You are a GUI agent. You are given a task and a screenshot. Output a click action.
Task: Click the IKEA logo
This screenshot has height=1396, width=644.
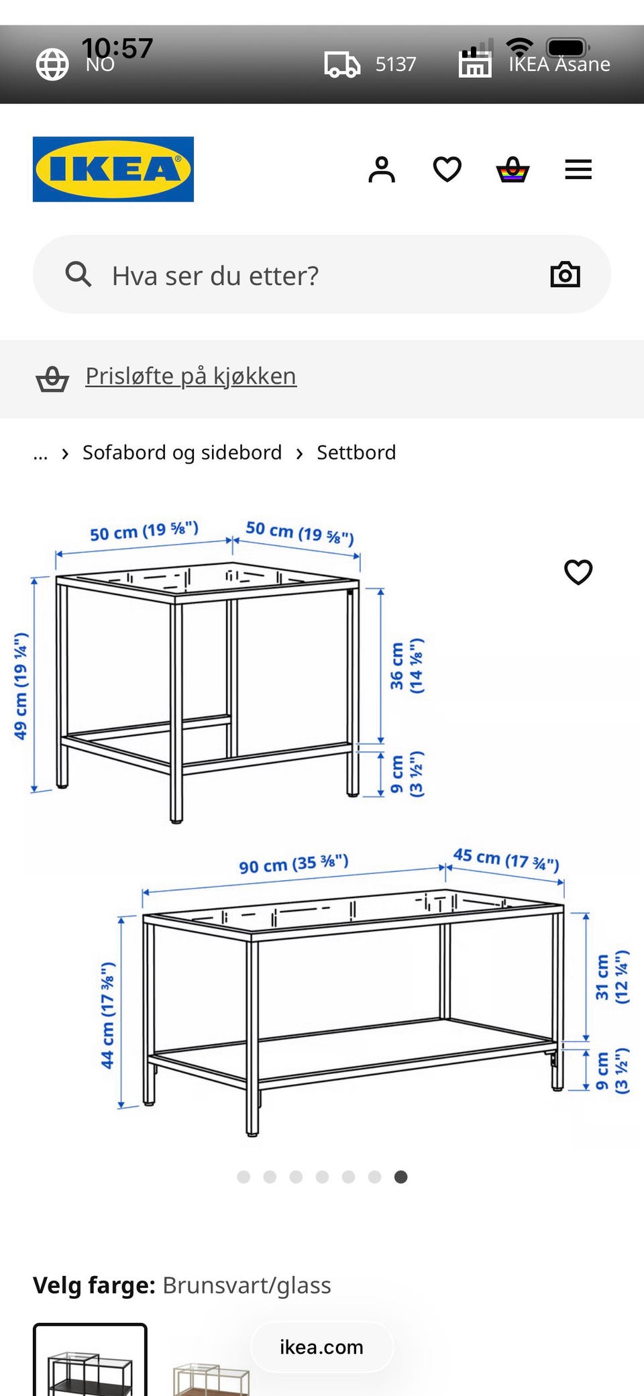click(x=113, y=169)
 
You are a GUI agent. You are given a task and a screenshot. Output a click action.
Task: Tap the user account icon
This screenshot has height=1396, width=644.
click(x=382, y=170)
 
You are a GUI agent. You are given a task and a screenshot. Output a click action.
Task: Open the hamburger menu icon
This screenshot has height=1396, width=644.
click(x=578, y=170)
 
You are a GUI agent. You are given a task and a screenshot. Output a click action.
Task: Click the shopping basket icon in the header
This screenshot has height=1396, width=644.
click(x=513, y=170)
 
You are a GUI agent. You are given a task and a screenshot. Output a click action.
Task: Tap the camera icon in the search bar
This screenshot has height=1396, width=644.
click(x=565, y=274)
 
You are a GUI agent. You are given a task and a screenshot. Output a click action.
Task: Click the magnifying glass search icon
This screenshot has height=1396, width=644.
click(x=78, y=274)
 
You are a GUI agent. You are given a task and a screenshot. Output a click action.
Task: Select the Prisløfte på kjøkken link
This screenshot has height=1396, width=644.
click(x=191, y=376)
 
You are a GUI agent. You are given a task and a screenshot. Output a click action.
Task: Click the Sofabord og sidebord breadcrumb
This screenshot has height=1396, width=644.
click(x=182, y=453)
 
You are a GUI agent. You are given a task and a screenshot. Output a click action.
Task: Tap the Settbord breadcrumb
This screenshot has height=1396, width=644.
click(x=356, y=453)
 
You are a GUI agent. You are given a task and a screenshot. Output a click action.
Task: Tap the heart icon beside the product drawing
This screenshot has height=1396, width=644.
click(x=578, y=572)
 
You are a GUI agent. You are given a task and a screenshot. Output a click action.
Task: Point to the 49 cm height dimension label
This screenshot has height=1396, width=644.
click(x=21, y=686)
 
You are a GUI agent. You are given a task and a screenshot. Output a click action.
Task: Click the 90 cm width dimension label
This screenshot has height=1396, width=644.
click(x=294, y=863)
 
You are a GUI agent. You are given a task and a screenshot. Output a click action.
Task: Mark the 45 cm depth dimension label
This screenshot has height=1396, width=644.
click(x=506, y=859)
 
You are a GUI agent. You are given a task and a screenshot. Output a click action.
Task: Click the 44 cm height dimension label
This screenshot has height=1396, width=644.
click(x=107, y=1015)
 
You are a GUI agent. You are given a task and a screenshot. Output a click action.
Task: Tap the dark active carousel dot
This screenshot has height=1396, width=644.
click(x=400, y=1177)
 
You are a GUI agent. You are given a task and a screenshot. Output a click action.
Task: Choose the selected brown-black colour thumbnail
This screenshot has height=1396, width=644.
click(x=90, y=1360)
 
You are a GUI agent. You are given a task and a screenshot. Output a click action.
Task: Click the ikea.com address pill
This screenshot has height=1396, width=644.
click(x=322, y=1347)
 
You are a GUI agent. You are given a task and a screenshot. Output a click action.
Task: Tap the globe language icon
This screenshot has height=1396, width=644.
click(x=52, y=64)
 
